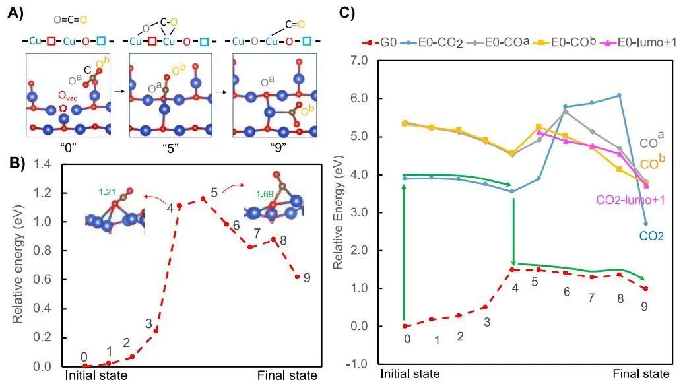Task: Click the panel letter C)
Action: point(347,12)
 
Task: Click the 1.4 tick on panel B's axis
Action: point(49,165)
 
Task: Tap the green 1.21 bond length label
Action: point(106,192)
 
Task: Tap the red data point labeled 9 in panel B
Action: point(297,276)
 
